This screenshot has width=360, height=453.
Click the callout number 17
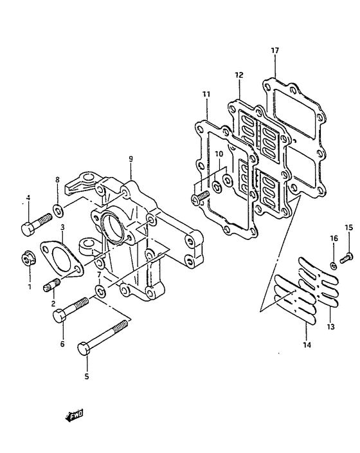click(275, 51)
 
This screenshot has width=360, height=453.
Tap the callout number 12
click(239, 75)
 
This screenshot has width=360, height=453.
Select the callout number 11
click(206, 94)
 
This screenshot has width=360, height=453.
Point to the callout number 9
click(130, 158)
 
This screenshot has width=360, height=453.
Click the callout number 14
click(307, 345)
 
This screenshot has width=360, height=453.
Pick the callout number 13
click(330, 327)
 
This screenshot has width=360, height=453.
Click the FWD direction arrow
click(74, 415)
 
